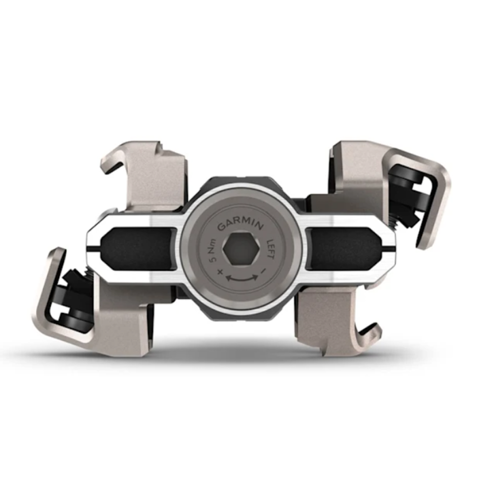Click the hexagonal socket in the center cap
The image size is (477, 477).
tap(241, 249)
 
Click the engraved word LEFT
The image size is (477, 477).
tap(270, 249)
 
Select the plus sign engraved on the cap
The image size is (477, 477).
tap(220, 271)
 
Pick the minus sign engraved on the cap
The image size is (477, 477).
tap(264, 270)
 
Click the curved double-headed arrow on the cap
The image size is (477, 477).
tap(242, 278)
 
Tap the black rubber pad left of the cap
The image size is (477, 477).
tap(138, 249)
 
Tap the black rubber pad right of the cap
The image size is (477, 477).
tap(344, 249)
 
